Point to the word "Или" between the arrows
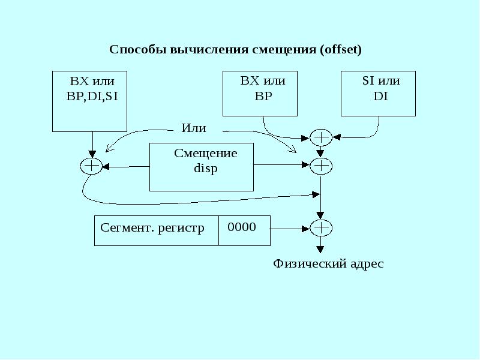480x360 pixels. coord(194,128)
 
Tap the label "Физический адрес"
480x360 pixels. coord(328,263)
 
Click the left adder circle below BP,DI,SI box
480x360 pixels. coord(92,166)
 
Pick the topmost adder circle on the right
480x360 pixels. coord(321,138)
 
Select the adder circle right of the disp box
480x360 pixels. coord(321,165)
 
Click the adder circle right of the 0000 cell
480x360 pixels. coord(321,228)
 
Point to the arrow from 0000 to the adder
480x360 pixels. coord(289,228)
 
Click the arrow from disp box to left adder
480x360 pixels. coord(126,166)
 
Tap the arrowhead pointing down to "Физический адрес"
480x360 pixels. coord(321,248)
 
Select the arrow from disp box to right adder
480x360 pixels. coord(282,166)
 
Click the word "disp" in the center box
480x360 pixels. coord(205,169)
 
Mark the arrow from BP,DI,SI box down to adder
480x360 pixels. coord(92,145)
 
